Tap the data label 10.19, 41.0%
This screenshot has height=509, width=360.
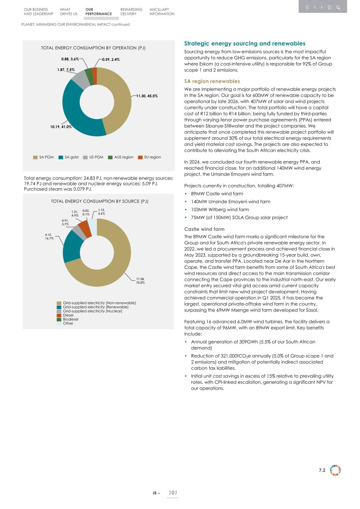tap(61, 127)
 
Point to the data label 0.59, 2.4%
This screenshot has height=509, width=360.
tap(111, 60)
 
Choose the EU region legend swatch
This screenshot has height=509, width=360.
tap(141, 157)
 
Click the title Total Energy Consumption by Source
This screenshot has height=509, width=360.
tap(100, 201)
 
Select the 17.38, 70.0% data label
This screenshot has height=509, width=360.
tap(140, 281)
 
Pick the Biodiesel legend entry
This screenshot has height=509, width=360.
tap(71, 319)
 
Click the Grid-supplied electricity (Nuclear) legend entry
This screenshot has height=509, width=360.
tap(92, 311)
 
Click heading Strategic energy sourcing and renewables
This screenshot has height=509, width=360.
tap(245, 44)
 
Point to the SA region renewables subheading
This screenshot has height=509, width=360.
tap(212, 81)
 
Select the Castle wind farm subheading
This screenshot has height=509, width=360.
tap(204, 229)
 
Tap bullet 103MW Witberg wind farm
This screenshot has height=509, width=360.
tap(220, 210)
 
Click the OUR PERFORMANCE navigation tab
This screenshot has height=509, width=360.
tap(98, 12)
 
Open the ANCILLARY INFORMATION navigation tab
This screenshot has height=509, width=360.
tap(162, 12)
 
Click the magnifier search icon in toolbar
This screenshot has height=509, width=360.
tap(338, 7)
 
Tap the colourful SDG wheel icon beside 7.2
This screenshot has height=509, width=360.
tap(335, 470)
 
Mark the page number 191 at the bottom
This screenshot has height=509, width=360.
tap(172, 493)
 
